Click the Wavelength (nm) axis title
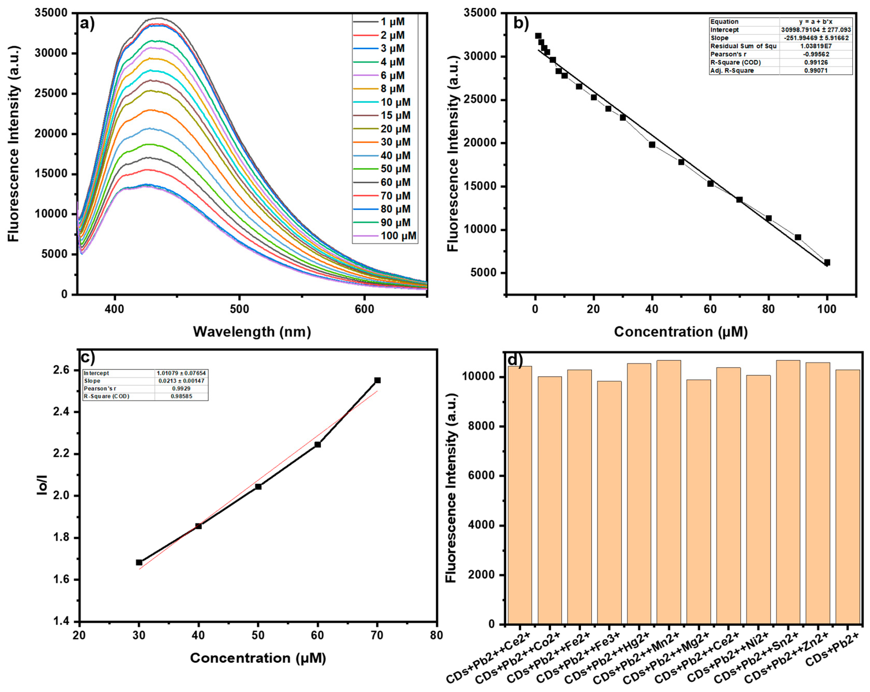tap(252, 332)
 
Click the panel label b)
tap(521, 23)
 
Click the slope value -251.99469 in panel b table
tap(816, 38)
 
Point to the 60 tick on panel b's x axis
tap(710, 309)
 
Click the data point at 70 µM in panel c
tap(377, 381)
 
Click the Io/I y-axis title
tap(42, 485)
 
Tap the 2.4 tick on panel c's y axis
tap(61, 412)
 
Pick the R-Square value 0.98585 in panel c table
tap(181, 396)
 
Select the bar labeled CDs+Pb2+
tap(847, 496)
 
